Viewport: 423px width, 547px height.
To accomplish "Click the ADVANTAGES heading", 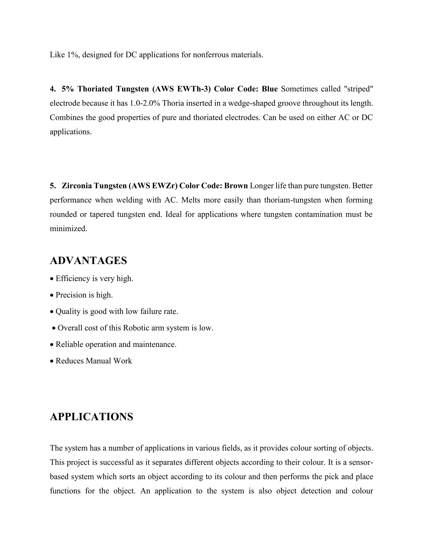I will pos(88,261).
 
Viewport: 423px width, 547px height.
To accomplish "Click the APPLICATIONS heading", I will pos(91,417).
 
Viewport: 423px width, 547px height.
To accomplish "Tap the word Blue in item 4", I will pos(270,89).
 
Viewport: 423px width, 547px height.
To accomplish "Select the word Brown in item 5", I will pos(236,186).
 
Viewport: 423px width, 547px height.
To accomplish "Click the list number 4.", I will pos(52,89).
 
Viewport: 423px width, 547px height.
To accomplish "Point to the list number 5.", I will pos(52,186).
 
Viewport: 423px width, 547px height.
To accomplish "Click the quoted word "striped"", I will pos(359,89).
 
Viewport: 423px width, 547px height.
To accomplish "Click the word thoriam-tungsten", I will pos(292,200).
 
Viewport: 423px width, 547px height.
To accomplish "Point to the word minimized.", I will pos(68,229).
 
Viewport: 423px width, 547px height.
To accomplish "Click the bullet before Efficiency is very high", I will pos(52,279).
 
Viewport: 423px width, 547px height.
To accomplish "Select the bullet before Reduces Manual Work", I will pos(52,361).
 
